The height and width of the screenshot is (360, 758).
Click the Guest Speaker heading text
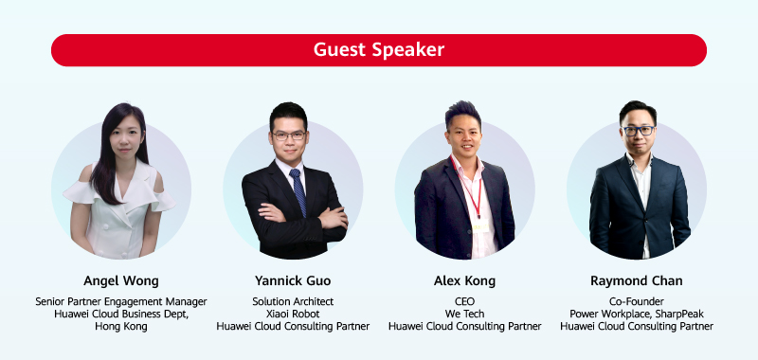click(x=378, y=50)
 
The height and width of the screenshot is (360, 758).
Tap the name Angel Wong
click(x=121, y=280)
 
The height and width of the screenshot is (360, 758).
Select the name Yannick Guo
click(x=293, y=280)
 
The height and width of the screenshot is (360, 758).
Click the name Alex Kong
click(x=464, y=280)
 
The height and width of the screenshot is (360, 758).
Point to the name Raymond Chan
click(x=636, y=280)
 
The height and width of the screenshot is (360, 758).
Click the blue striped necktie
click(x=298, y=191)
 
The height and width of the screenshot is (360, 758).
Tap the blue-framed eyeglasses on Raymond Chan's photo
click(x=638, y=131)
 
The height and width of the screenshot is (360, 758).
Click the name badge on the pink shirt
click(x=480, y=225)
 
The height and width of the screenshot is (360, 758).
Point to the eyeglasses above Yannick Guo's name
click(x=289, y=135)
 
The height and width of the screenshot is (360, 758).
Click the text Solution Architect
click(x=293, y=301)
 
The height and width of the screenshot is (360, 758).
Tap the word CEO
click(x=464, y=301)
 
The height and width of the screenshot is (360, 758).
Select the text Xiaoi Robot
click(x=293, y=315)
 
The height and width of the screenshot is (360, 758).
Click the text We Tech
click(x=464, y=315)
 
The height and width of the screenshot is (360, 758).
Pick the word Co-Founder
click(x=636, y=301)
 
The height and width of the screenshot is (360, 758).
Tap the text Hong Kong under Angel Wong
click(x=121, y=327)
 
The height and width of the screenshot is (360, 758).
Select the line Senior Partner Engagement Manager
click(x=121, y=301)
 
